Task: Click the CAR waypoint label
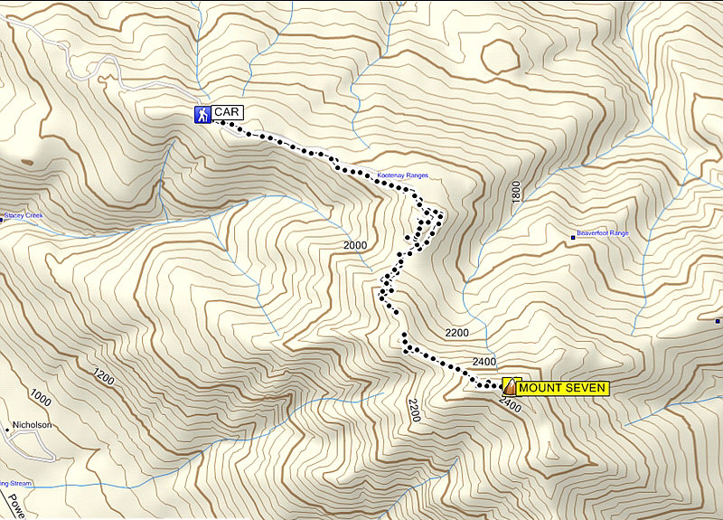227,113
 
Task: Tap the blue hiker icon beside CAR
202,114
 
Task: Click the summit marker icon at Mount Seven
511,386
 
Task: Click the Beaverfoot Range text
603,233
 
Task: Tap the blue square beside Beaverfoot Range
572,238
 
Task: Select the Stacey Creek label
23,216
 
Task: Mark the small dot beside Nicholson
7,428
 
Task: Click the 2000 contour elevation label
356,246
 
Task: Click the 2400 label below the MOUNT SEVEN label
510,406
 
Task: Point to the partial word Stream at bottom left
18,484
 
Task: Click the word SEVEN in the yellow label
587,388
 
